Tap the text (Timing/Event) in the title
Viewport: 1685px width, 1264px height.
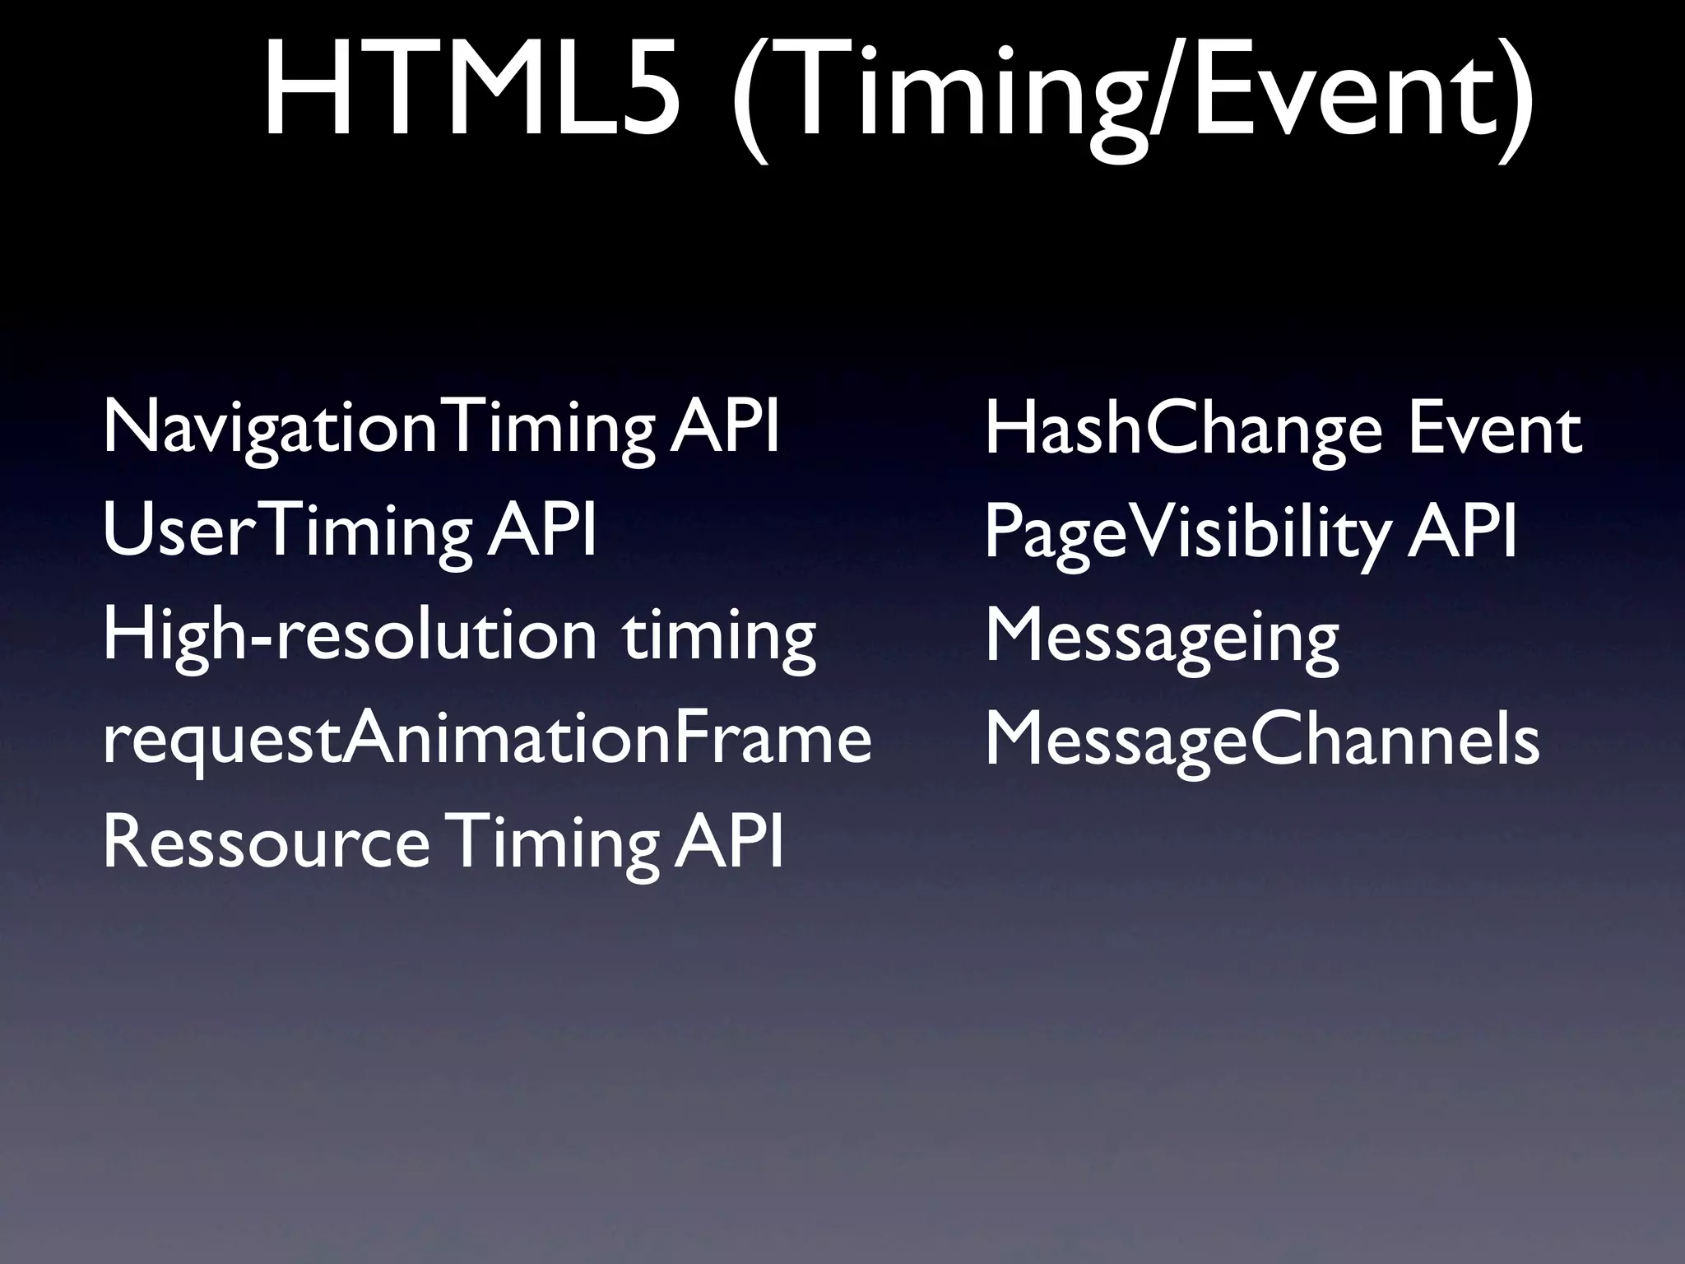pyautogui.click(x=1131, y=91)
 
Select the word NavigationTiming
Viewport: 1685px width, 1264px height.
pyautogui.click(x=378, y=430)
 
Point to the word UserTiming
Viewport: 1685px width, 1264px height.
pyautogui.click(x=287, y=532)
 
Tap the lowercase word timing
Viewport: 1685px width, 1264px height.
pyautogui.click(x=719, y=639)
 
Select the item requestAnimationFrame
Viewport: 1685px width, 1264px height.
pyautogui.click(x=486, y=740)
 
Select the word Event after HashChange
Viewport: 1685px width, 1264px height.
pyautogui.click(x=1494, y=429)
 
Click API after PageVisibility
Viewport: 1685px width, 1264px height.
pyautogui.click(x=1462, y=532)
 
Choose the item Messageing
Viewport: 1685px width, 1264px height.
pyautogui.click(x=1162, y=639)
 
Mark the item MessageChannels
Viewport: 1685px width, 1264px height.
pyautogui.click(x=1261, y=740)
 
